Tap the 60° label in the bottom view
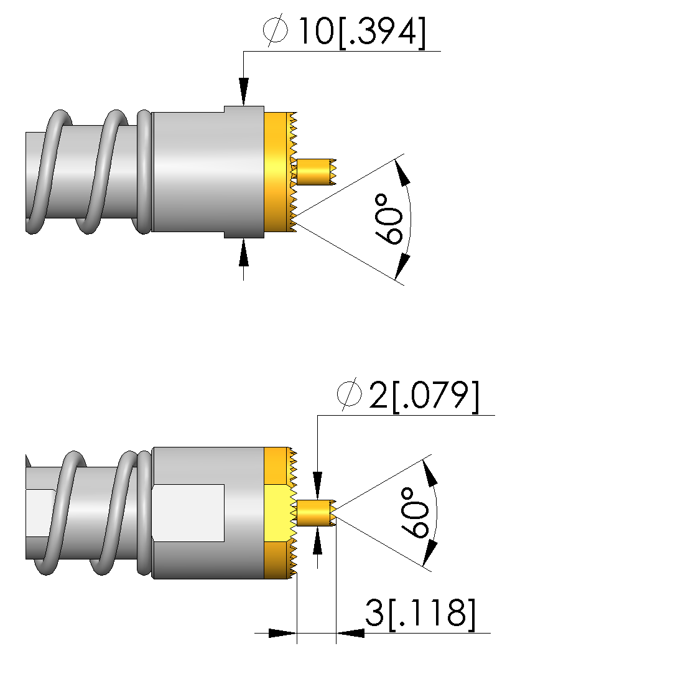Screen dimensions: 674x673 415,513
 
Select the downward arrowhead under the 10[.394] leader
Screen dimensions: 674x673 243,90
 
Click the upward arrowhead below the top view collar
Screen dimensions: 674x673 243,254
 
